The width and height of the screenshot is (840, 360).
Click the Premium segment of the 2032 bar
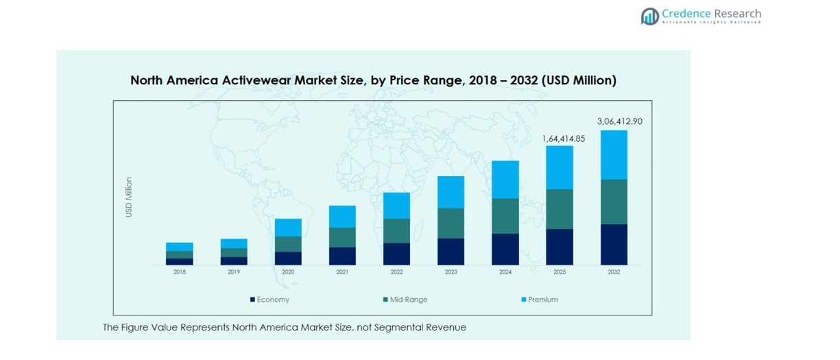click(614, 154)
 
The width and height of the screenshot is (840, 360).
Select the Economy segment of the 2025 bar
click(560, 246)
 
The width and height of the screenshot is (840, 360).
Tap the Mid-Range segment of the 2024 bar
click(505, 216)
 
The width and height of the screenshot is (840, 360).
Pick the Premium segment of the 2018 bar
click(180, 247)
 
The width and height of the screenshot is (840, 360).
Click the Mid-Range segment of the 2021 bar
click(342, 237)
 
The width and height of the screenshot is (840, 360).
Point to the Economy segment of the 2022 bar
click(396, 254)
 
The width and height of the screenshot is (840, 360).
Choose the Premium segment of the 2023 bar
click(451, 192)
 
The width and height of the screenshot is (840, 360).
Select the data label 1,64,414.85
click(563, 139)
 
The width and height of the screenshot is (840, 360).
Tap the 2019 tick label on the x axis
click(234, 272)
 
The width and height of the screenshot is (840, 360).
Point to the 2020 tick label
click(288, 272)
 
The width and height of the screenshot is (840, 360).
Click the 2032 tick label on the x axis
click(614, 272)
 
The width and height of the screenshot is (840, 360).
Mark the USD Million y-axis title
click(128, 197)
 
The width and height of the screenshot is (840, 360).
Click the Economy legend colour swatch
click(253, 300)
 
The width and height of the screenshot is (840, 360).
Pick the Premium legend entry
click(542, 300)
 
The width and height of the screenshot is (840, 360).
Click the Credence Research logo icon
click(649, 16)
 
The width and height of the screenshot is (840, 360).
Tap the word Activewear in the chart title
click(255, 80)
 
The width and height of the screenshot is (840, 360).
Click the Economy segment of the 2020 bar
click(288, 258)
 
